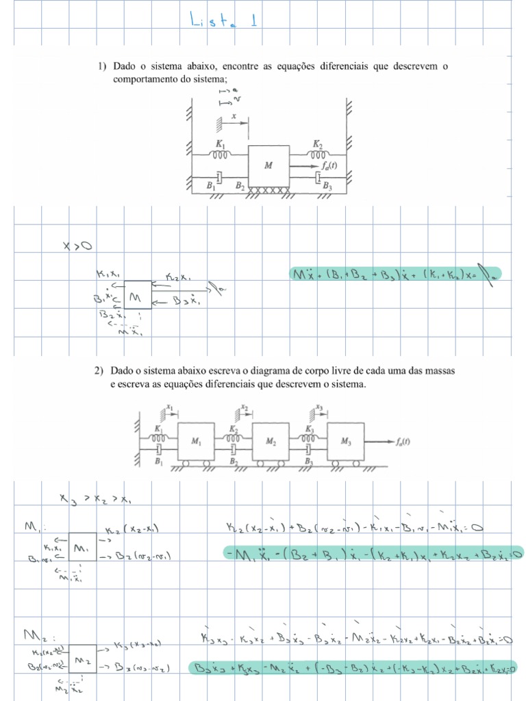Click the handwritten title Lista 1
tap(224, 21)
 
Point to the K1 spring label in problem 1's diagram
tap(220, 144)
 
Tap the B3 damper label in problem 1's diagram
tap(327, 185)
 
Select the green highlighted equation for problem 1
tap(395, 275)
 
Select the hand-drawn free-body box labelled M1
tap(82, 548)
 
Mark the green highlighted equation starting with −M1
tap(374, 554)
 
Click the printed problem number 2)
tap(100, 370)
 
